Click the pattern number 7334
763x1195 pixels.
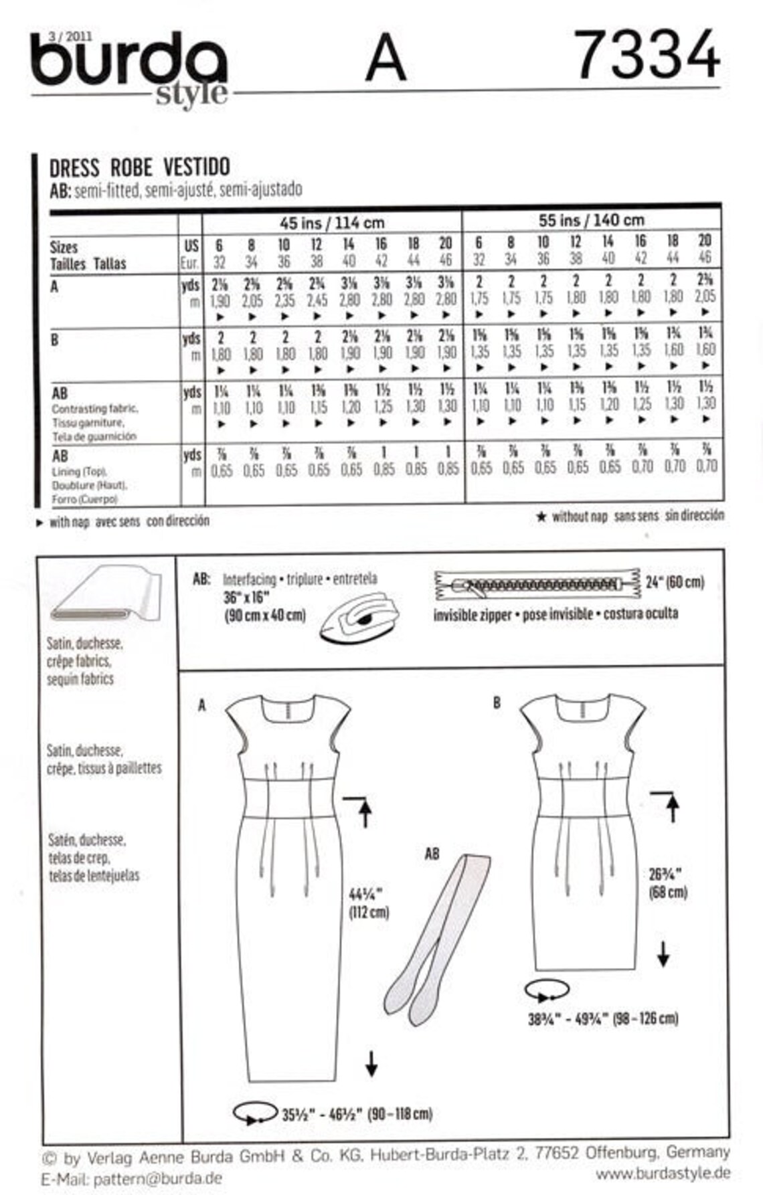click(x=647, y=56)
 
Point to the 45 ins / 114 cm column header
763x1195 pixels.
click(x=331, y=222)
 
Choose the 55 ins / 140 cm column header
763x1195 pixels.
click(x=591, y=219)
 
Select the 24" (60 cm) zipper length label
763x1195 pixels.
click(x=675, y=581)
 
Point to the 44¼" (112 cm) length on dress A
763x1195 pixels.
click(x=368, y=903)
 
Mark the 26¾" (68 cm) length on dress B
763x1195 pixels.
click(x=667, y=883)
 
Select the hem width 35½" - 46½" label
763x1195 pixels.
click(x=356, y=1114)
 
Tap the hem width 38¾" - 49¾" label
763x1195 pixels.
click(x=602, y=1018)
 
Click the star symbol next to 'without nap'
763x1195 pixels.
click(x=541, y=517)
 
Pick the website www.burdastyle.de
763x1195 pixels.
click(x=663, y=1173)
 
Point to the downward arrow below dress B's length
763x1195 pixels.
click(x=663, y=953)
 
